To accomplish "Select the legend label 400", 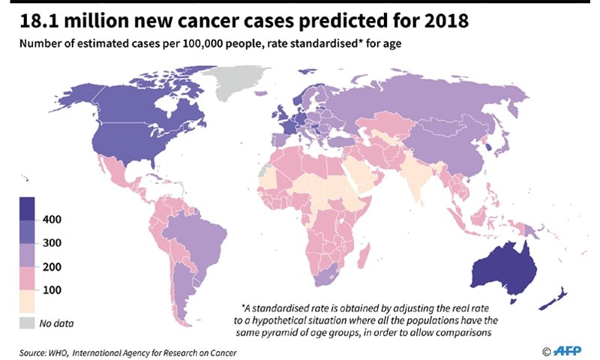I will coord(53,219).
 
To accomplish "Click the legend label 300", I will coord(53,243).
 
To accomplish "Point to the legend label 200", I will coord(53,267).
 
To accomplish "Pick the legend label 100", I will coord(53,290).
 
